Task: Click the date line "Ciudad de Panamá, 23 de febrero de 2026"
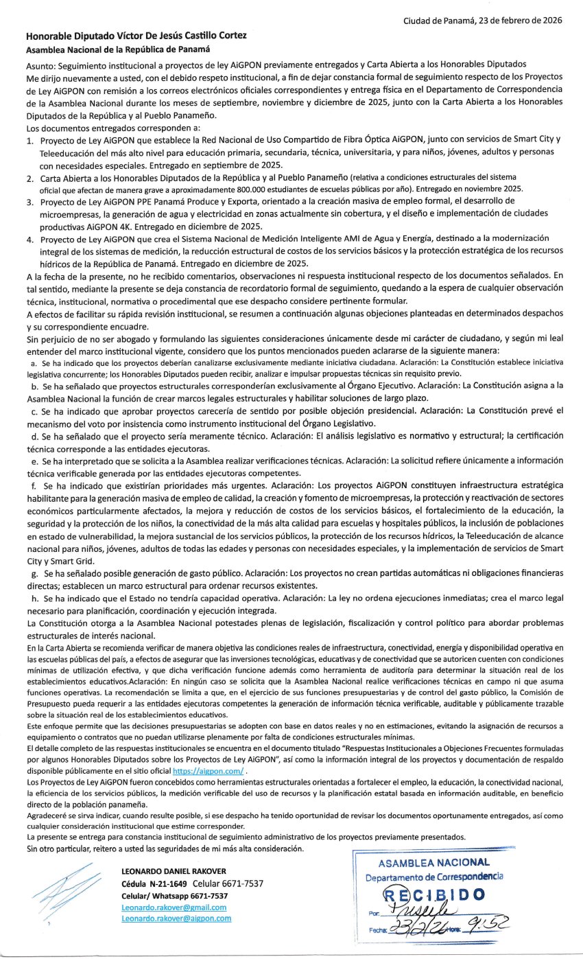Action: click(x=483, y=20)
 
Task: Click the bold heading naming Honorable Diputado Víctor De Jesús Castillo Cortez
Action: click(x=136, y=36)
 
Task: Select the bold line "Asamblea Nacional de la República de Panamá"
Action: click(x=117, y=50)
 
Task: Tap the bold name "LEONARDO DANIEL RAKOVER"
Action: click(x=174, y=872)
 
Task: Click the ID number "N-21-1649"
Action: click(x=164, y=883)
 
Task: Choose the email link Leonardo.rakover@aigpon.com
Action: click(x=176, y=918)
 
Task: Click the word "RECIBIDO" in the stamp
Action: click(x=433, y=894)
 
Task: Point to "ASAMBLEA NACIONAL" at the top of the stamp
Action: click(x=433, y=863)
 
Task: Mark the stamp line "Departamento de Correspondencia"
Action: click(x=433, y=877)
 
